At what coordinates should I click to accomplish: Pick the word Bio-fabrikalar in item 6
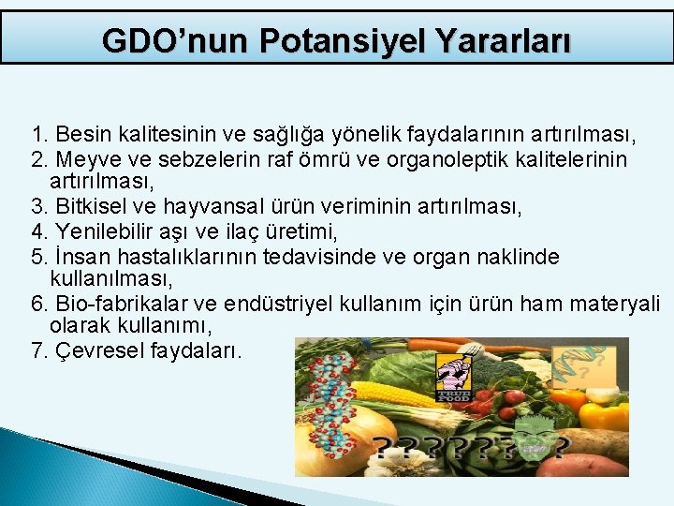(110, 305)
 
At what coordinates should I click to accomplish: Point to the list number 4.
(37, 231)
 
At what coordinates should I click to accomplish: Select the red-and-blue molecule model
(333, 403)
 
